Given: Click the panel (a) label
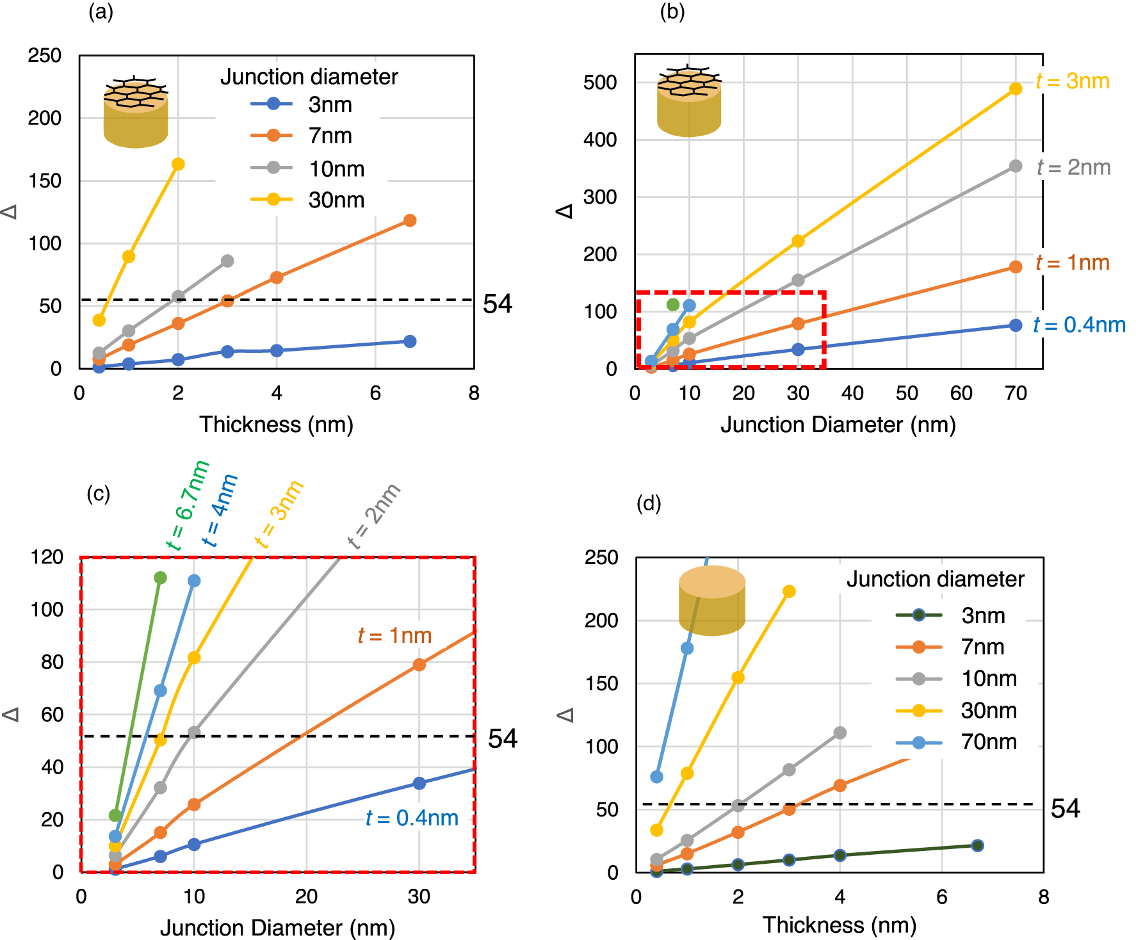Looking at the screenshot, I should click(101, 12).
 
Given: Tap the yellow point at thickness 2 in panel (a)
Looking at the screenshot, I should click(178, 165).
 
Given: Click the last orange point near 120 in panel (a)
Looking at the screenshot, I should click(410, 220).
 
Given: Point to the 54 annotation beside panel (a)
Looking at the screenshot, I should click(498, 304).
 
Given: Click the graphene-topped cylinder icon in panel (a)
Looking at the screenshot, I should click(136, 113).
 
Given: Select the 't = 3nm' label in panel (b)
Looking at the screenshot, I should click(1073, 81).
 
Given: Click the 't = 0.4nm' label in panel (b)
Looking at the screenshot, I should click(1079, 325).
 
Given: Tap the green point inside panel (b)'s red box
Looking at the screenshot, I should click(672, 304).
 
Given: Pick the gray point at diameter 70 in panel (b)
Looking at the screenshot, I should click(1015, 166).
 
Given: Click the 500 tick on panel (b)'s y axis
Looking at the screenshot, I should click(600, 83).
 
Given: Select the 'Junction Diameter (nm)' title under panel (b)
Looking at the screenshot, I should click(838, 425).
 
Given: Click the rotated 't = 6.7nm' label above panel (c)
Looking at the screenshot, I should click(187, 506).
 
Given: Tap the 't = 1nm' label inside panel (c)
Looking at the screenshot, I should click(394, 635).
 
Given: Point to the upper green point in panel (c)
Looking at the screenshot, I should click(160, 578).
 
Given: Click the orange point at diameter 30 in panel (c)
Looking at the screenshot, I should click(419, 665).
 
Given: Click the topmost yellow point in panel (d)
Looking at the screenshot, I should click(789, 591).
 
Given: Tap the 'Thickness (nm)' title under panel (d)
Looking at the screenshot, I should click(839, 925).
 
